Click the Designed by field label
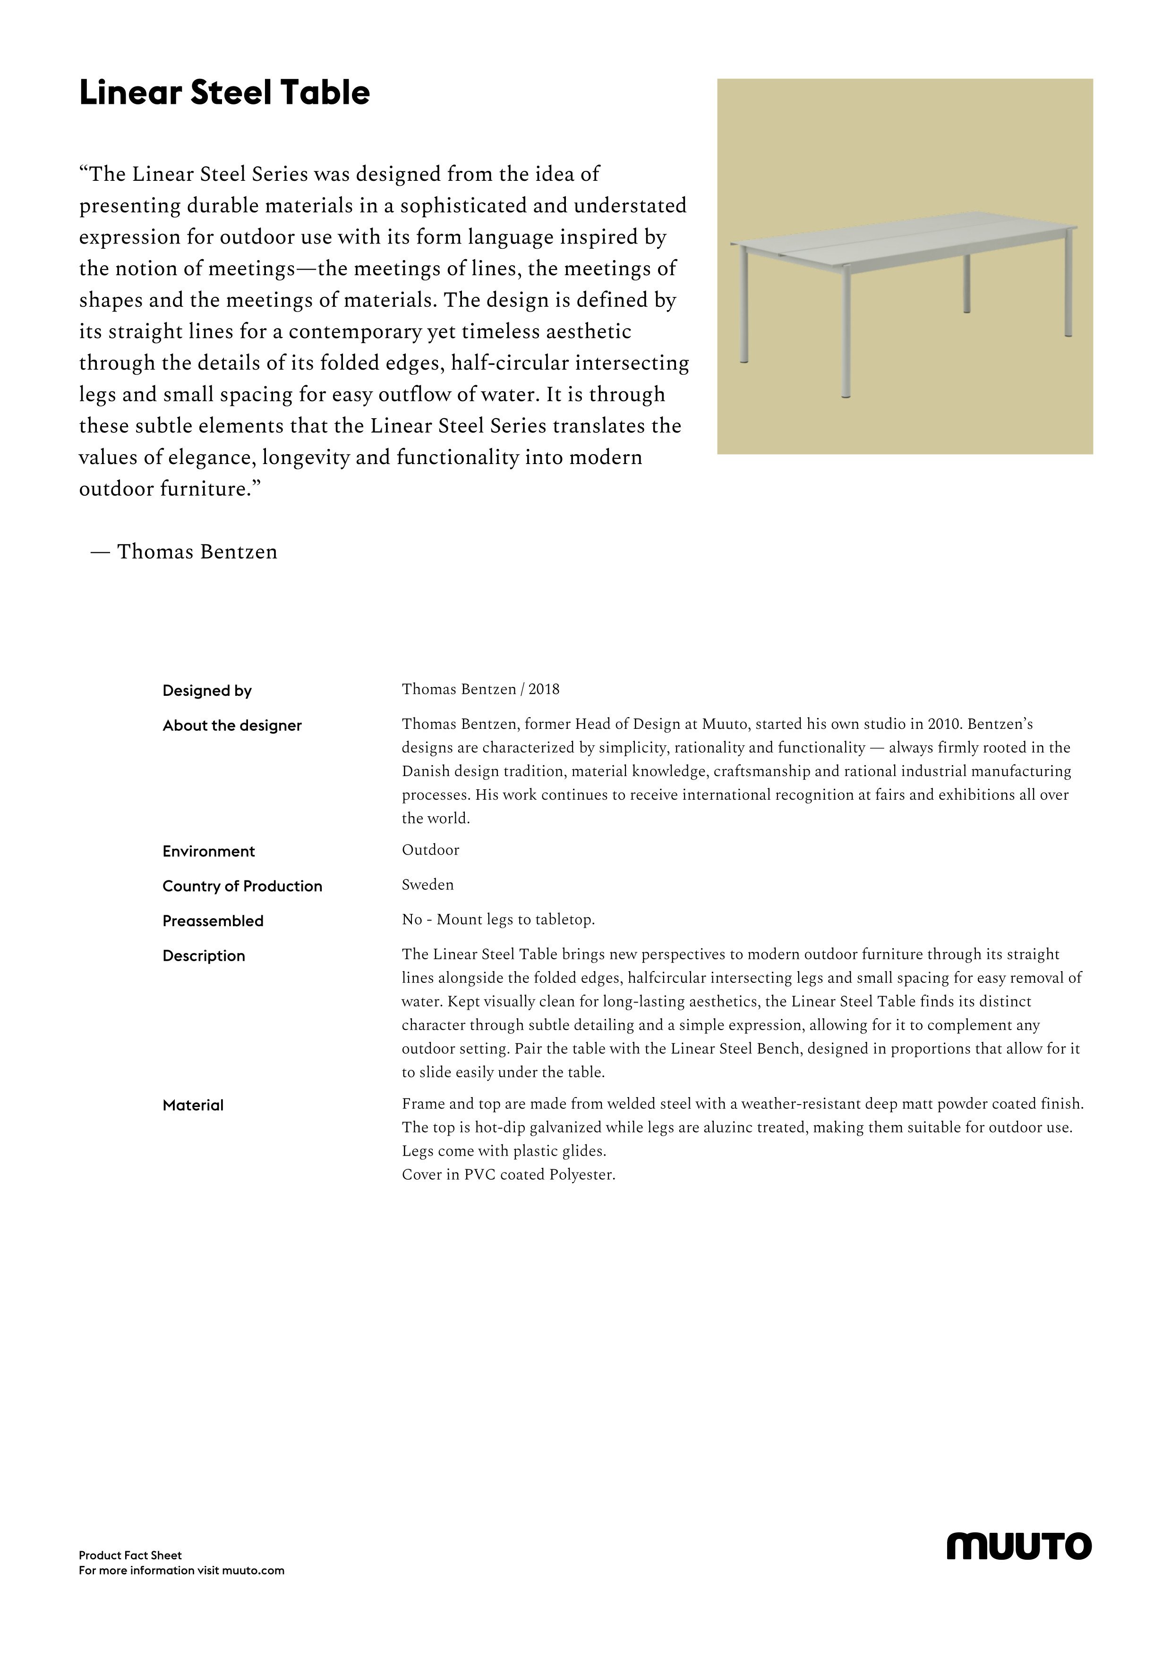point(207,691)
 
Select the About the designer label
point(231,726)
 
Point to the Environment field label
point(208,851)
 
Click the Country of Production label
point(242,887)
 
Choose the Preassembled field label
point(213,921)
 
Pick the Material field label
point(193,1105)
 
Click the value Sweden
point(427,885)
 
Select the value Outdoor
point(430,850)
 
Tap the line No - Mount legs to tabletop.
point(498,920)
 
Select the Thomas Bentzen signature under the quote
point(196,552)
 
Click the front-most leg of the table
point(846,335)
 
